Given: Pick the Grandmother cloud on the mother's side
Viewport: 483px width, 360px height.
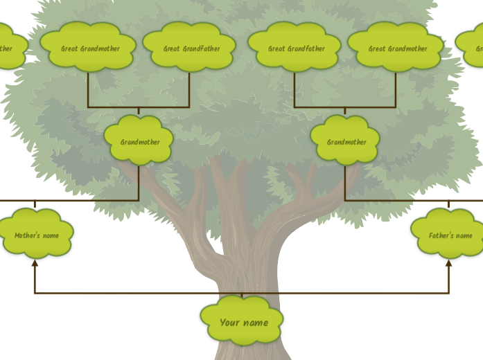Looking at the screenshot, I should pyautogui.click(x=139, y=141).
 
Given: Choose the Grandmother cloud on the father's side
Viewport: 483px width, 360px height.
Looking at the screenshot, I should pyautogui.click(x=346, y=141).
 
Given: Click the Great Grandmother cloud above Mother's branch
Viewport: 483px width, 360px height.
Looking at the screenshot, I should pyautogui.click(x=89, y=48).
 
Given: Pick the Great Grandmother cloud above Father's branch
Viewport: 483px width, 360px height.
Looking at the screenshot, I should pyautogui.click(x=396, y=48).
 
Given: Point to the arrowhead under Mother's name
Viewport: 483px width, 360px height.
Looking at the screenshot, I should pyautogui.click(x=35, y=263).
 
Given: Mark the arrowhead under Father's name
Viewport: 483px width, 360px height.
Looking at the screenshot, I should pyautogui.click(x=448, y=263).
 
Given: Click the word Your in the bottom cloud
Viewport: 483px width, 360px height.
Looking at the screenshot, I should pyautogui.click(x=229, y=323).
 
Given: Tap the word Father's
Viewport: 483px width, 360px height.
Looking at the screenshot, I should pyautogui.click(x=441, y=235).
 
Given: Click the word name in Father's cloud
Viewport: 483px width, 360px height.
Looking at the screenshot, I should pyautogui.click(x=464, y=235).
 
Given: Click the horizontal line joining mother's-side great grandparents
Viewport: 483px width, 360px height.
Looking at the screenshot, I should pyautogui.click(x=139, y=107).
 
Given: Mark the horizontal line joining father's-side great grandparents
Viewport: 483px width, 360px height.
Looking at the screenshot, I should pyautogui.click(x=345, y=107).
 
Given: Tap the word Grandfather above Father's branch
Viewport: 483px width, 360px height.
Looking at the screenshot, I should pyautogui.click(x=306, y=48).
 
